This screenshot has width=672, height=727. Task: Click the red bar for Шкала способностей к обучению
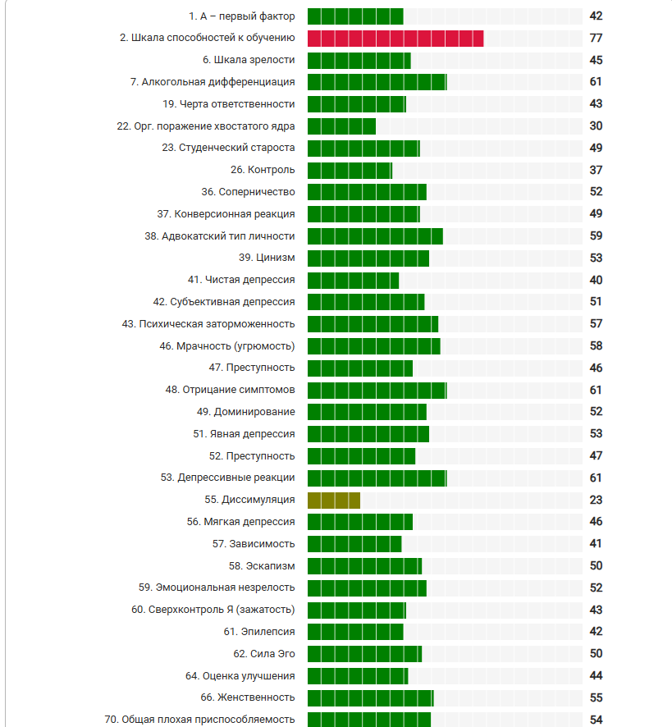395,39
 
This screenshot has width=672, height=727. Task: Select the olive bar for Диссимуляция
333,500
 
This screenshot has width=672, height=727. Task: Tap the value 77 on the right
596,39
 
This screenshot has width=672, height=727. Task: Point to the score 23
596,500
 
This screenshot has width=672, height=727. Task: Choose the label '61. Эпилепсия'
259,631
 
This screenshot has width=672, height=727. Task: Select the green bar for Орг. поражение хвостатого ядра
341,126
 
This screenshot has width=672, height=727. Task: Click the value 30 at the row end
596,126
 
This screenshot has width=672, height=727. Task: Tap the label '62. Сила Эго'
264,653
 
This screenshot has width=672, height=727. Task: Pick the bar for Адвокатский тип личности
375,236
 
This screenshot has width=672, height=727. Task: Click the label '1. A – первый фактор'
241,16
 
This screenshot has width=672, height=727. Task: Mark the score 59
596,236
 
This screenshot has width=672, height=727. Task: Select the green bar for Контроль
350,170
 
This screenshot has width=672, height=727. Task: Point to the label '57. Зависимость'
253,543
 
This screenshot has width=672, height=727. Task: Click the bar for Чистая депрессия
353,280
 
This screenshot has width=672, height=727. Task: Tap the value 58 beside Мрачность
596,346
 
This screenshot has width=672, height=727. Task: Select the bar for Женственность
370,697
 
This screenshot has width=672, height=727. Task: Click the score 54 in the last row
596,720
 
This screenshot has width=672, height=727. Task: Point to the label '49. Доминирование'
245,411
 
